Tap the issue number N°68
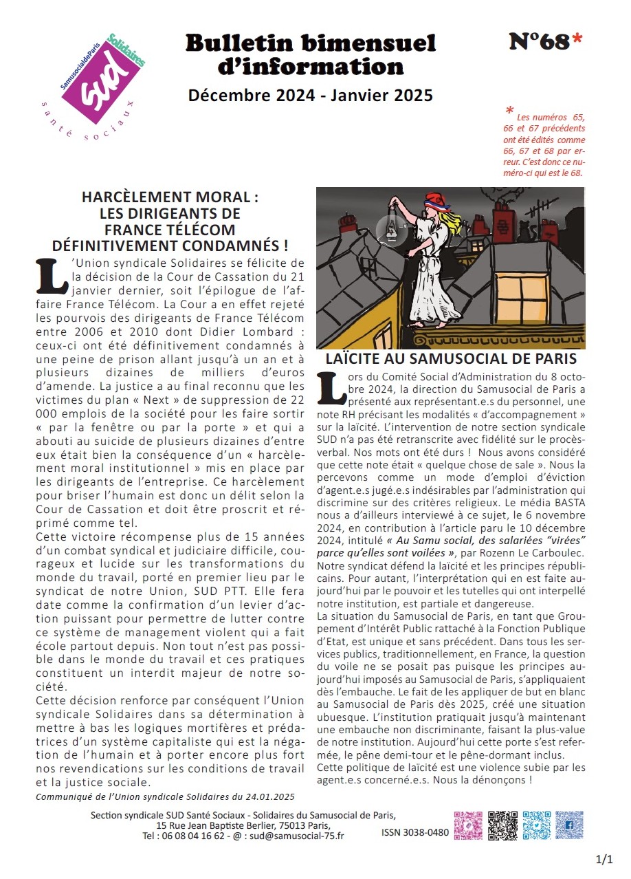539,43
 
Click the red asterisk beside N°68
577,41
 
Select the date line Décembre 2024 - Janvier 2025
311,96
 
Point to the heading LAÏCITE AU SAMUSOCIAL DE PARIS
451,358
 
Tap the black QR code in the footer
502,825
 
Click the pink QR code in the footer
468,825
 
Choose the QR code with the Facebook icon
569,825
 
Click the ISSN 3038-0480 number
415,833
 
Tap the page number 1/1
604,860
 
